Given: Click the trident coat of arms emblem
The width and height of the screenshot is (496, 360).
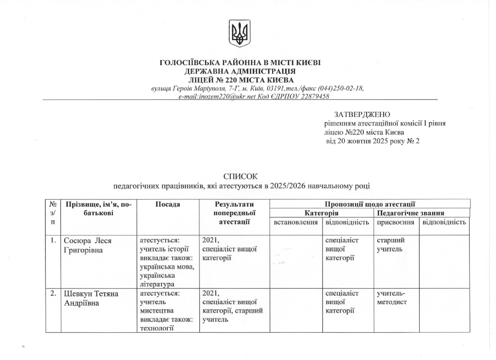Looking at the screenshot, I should click(x=240, y=33).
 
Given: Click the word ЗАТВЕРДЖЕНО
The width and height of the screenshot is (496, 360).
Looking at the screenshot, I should click(x=362, y=115).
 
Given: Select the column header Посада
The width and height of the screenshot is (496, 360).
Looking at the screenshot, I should click(x=168, y=205).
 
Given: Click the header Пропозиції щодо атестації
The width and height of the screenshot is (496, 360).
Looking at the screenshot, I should click(x=370, y=205).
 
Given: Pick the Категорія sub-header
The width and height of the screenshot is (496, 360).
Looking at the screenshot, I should click(x=321, y=213).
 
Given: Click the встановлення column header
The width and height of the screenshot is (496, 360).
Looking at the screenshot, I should click(x=296, y=222).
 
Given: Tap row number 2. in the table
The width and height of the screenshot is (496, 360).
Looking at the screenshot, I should click(x=53, y=294).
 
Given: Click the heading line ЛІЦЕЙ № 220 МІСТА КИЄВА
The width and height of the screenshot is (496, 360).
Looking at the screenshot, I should click(x=240, y=80).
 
